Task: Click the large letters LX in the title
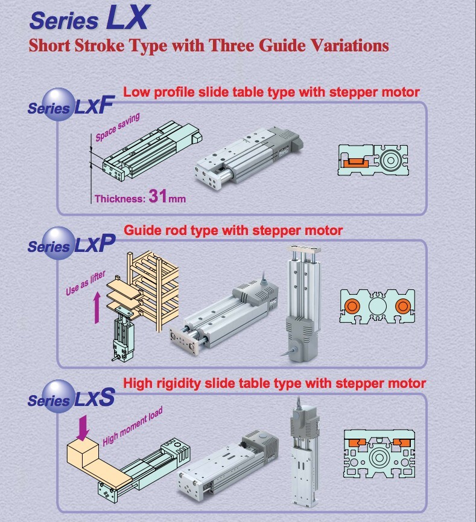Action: pos(127,18)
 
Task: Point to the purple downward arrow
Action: pos(83,426)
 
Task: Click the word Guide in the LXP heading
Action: pos(142,230)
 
